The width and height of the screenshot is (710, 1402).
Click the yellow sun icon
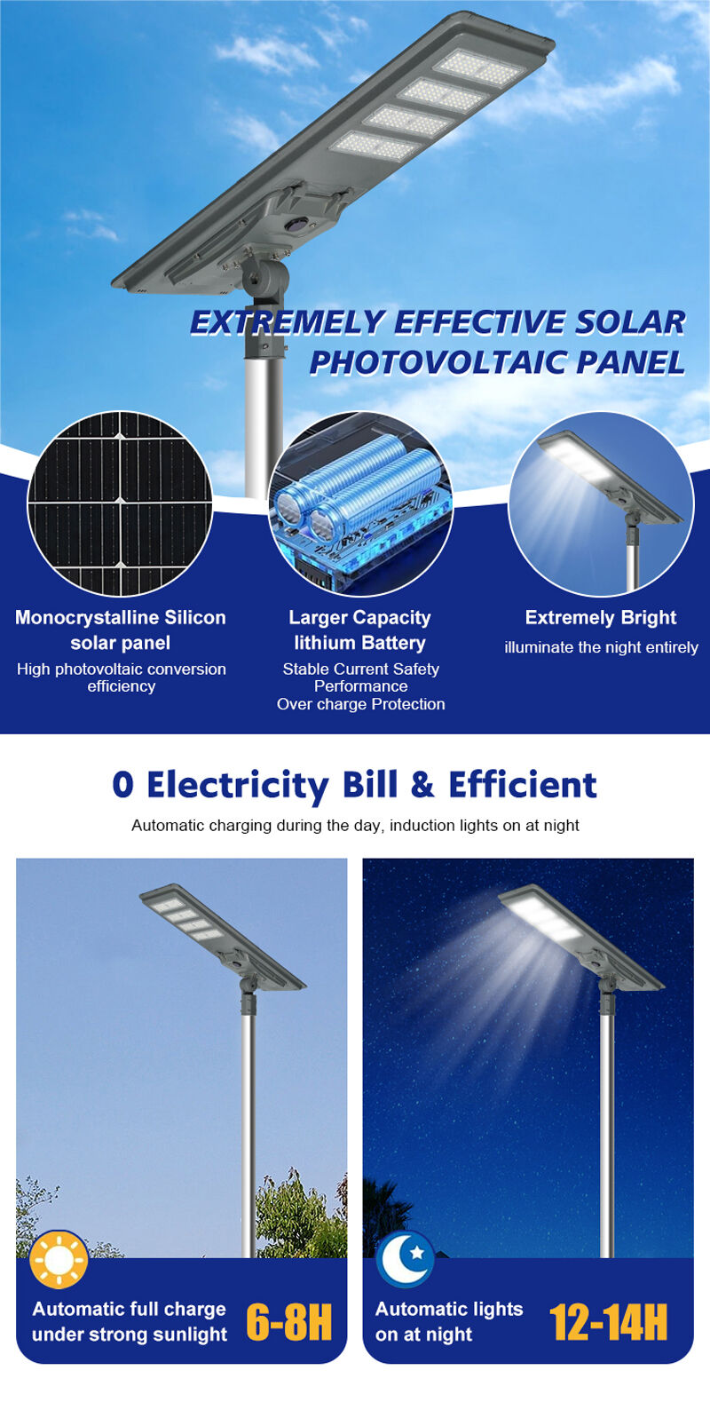pos(59,1259)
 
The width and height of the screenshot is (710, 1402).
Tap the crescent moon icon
pos(405,1259)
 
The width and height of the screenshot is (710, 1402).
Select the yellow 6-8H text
pos(288,1322)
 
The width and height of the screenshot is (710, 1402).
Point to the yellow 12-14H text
pos(608,1322)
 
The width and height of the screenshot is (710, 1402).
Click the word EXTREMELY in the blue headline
pos(288,322)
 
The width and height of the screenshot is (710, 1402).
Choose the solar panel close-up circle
pos(120,503)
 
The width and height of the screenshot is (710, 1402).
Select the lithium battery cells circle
pos(360,503)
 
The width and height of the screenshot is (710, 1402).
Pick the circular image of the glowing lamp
pos(601,503)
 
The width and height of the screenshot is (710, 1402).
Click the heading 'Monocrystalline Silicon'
pos(120,618)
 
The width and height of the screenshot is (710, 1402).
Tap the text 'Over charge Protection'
pos(361,704)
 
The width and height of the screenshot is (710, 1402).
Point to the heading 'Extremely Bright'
pos(601,618)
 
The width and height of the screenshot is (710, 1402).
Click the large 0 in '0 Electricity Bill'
pos(122,784)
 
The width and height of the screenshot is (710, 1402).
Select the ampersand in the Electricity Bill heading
pos(422,784)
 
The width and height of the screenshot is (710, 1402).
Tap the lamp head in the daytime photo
pos(222,937)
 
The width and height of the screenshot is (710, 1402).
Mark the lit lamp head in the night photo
pos(581,937)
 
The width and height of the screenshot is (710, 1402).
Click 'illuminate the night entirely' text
pos(601,647)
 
